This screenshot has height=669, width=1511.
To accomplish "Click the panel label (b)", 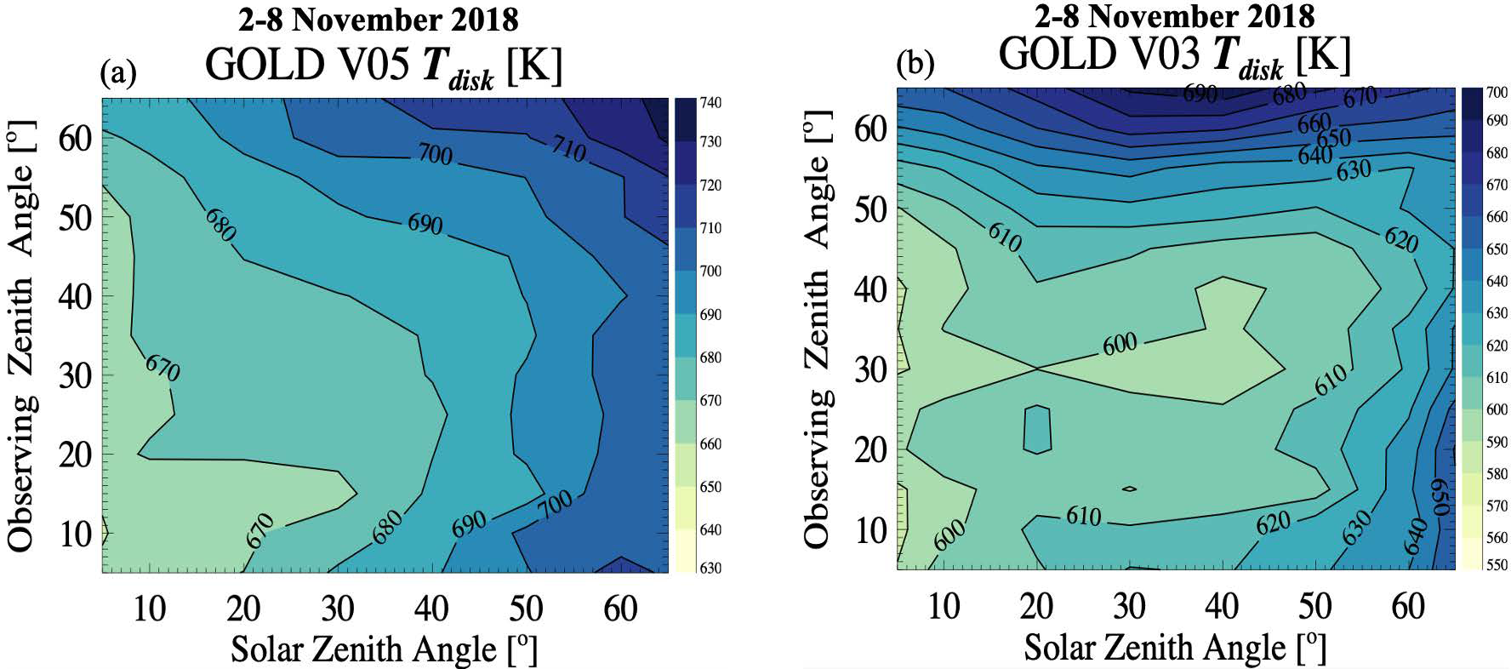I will [x=915, y=64].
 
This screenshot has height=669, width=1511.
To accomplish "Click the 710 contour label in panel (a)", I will [x=567, y=151].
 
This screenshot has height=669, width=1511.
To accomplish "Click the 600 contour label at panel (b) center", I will [x=1120, y=344].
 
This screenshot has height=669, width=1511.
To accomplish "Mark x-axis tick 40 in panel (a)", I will [x=431, y=609].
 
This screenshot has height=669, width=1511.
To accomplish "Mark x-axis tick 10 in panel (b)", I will [x=944, y=607].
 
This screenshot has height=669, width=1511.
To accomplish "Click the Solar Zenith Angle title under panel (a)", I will [x=385, y=650].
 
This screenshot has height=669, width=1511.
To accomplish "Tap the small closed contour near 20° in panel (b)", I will [x=1037, y=428].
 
